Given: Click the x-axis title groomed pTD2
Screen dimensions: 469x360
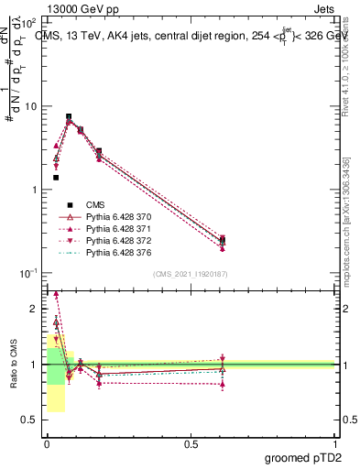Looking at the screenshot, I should coord(309,457).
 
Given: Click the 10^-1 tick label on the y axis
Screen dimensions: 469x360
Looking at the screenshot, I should coord(28,273).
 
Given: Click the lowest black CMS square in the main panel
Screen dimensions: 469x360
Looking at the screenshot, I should coord(56,178).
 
